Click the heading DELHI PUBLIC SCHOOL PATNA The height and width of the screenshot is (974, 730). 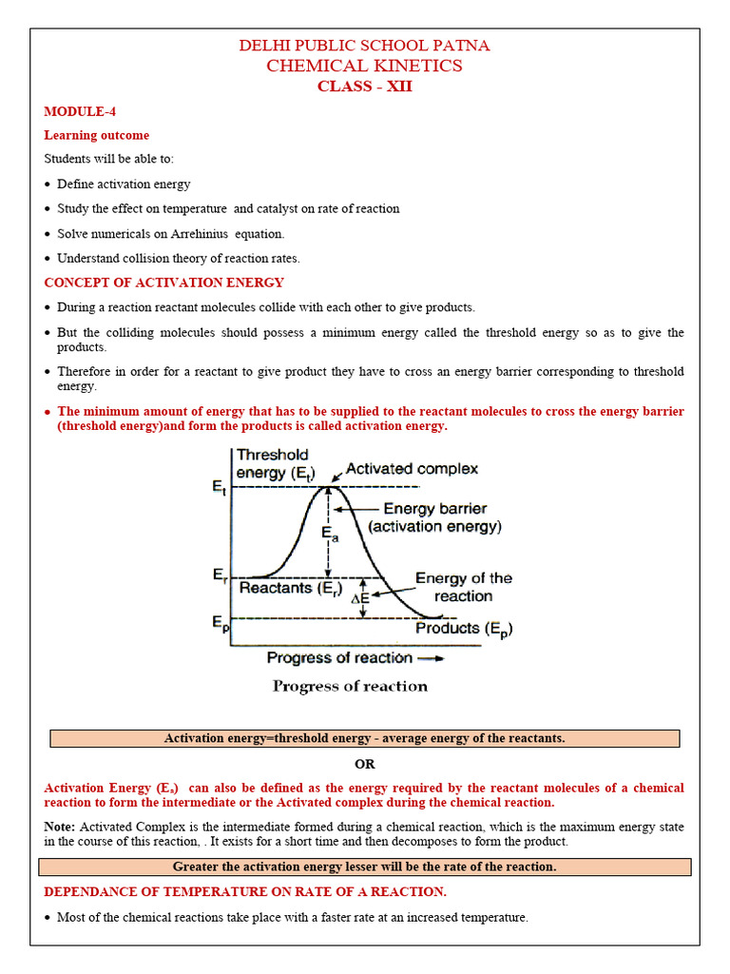364,46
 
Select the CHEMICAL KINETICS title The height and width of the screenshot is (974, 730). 364,66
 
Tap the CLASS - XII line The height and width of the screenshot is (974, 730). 364,87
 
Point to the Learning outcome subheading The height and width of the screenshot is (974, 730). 96,135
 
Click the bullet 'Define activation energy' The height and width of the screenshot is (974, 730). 124,185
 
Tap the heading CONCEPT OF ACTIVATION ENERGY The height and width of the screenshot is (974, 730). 163,282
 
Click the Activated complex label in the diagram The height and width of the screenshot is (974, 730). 411,469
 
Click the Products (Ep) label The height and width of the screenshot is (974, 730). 463,628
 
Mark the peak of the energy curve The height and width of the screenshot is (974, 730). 328,487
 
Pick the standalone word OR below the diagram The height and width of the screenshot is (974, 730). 364,764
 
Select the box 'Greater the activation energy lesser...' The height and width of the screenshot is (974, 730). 364,867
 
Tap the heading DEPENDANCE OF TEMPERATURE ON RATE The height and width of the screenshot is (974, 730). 244,891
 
